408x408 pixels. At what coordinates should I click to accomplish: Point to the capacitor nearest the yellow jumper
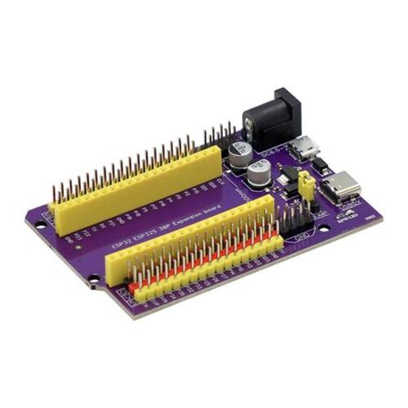click(261, 171)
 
